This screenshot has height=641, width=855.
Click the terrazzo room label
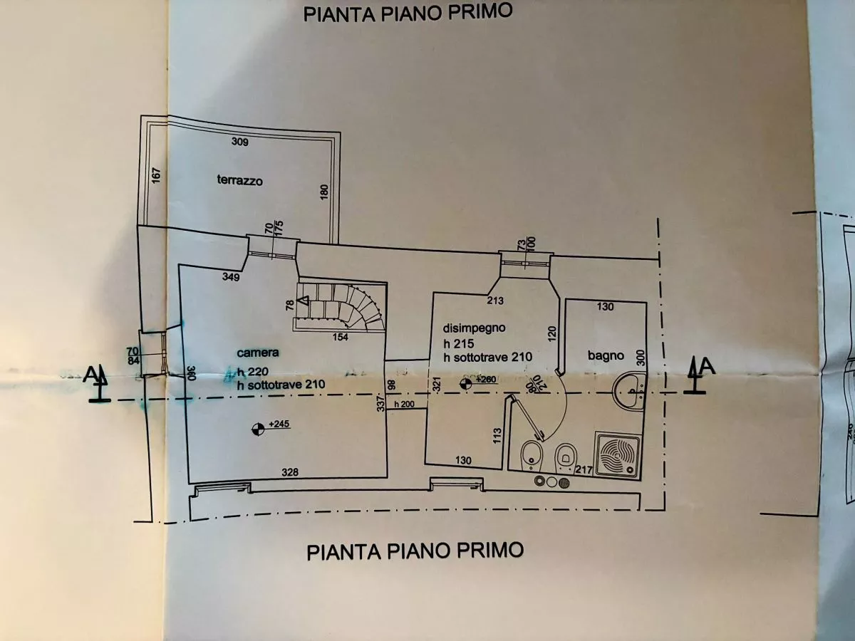tap(240, 181)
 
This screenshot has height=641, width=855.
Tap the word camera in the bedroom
tap(259, 353)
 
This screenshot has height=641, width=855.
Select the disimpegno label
tap(474, 328)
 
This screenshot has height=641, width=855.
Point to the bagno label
tap(606, 355)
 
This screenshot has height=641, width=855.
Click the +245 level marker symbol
tap(256, 428)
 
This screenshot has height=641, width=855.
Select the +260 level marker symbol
tap(465, 382)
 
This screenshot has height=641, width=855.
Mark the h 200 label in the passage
tap(404, 405)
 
